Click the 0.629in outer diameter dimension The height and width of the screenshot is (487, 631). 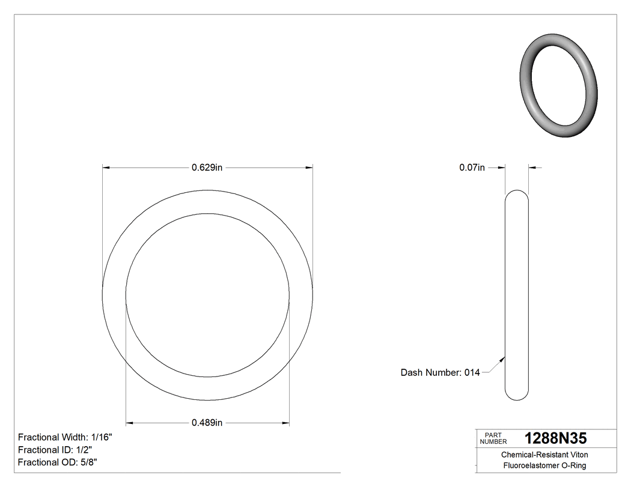(x=207, y=168)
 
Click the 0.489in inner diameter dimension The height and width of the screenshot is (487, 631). (x=207, y=423)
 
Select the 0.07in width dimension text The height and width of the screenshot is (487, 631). (x=472, y=168)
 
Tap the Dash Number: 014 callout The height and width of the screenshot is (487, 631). (x=440, y=372)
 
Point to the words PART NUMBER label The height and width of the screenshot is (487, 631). (x=493, y=438)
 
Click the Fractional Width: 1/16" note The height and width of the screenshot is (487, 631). (x=65, y=437)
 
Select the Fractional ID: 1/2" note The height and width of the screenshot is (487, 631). (x=55, y=450)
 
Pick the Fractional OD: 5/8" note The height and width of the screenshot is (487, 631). (x=57, y=462)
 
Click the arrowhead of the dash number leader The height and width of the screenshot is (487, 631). (x=502, y=358)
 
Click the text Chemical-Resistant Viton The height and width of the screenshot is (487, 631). (x=544, y=455)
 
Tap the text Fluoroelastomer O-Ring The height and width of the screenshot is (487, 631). (x=544, y=465)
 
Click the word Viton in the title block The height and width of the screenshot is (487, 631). (x=579, y=455)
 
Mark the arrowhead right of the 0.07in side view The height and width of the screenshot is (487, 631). (x=532, y=168)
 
